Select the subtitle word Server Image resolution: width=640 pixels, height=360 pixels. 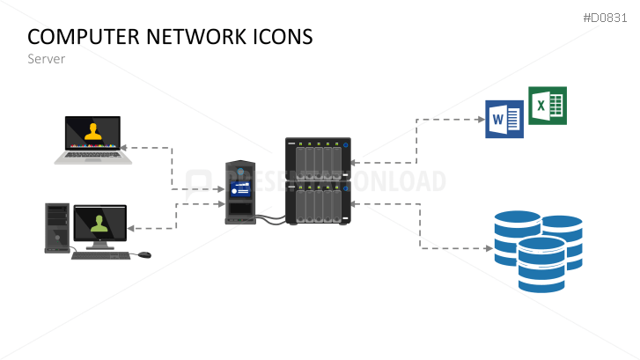46,59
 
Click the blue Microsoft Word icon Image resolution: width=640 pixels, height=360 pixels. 504,119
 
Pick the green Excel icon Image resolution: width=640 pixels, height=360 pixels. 547,106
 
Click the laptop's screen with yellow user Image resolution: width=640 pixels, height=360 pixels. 92,132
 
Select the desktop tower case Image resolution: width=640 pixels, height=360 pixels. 57,227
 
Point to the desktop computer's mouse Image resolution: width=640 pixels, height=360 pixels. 144,255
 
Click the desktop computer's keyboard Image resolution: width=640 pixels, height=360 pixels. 100,255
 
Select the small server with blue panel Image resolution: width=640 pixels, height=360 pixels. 239,192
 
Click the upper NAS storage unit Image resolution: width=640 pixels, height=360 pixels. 318,158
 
